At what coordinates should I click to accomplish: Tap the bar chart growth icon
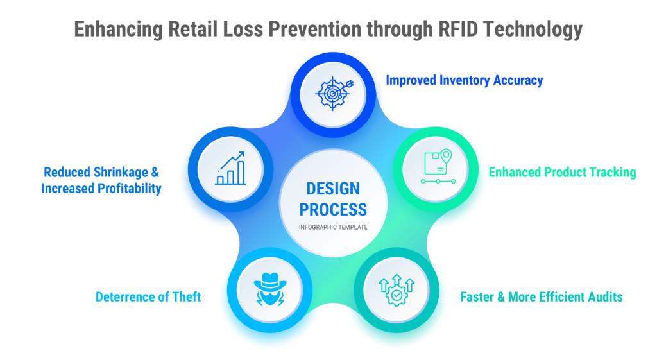coord(230,169)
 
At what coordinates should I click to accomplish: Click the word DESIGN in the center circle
coord(333,189)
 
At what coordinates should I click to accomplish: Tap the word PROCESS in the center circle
coord(333,209)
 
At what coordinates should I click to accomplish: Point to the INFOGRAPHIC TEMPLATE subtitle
coord(333,227)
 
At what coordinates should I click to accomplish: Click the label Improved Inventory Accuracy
coord(464,80)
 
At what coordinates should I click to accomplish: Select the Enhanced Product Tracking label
coord(562,172)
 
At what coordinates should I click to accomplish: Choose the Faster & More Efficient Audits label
coord(542,297)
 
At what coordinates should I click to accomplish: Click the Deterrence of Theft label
coord(148,297)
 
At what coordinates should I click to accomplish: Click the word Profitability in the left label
coord(126,189)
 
